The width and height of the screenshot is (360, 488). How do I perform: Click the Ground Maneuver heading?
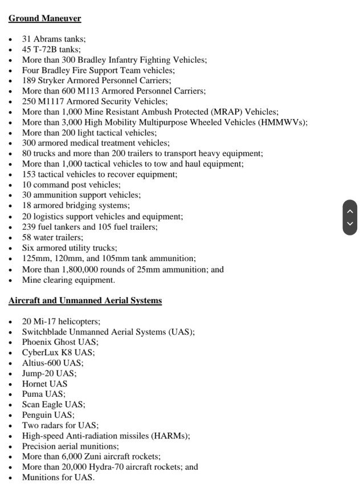pyautogui.click(x=44, y=18)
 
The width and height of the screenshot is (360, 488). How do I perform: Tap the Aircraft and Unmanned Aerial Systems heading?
pyautogui.click(x=85, y=300)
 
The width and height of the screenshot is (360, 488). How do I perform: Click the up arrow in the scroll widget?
pyautogui.click(x=350, y=211)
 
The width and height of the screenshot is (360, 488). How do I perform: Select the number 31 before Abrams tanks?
pyautogui.click(x=27, y=39)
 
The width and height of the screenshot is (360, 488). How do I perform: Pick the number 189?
pyautogui.click(x=30, y=80)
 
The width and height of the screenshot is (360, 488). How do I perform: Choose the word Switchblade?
pyautogui.click(x=46, y=331)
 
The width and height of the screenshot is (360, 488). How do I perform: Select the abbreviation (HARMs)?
pyautogui.click(x=170, y=436)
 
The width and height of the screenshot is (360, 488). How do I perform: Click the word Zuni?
pyautogui.click(x=93, y=456)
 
